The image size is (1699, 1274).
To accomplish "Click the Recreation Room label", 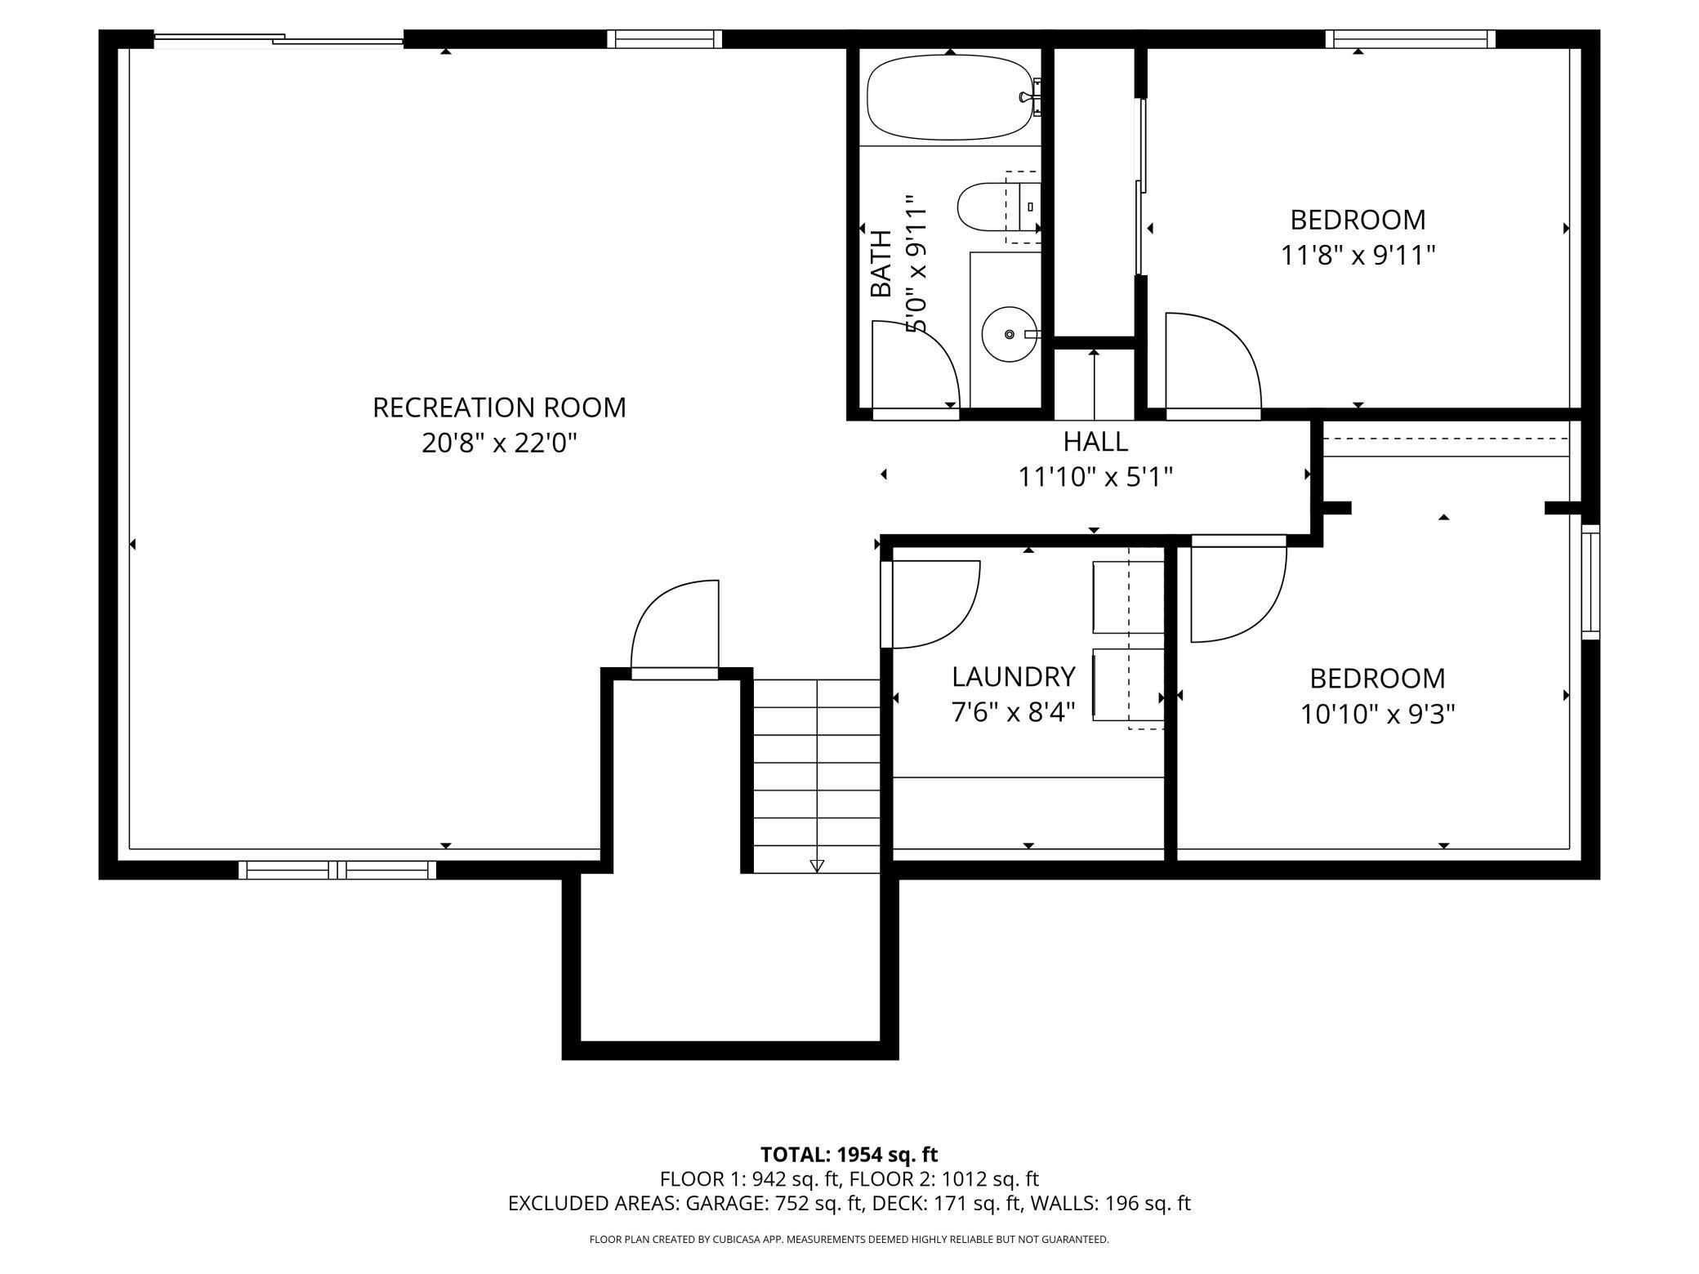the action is [499, 408].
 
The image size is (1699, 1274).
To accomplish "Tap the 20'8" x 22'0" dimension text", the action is [499, 443].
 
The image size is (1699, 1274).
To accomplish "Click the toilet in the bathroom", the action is [998, 207].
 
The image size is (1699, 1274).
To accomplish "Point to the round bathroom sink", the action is [1010, 334].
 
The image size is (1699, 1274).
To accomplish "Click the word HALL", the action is [1095, 442].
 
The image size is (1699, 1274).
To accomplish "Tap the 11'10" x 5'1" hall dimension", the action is [1095, 477].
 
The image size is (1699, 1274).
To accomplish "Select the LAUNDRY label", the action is [1013, 677].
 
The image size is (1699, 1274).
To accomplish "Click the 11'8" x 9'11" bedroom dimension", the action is [1358, 256].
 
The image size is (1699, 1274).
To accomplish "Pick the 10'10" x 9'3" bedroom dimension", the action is [1377, 715].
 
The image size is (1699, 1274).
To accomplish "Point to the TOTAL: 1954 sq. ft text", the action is [849, 1155].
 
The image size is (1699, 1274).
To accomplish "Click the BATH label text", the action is [881, 264].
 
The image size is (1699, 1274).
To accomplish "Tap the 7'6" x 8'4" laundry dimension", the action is [1013, 713].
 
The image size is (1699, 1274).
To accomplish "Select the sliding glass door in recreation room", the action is [279, 39].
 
